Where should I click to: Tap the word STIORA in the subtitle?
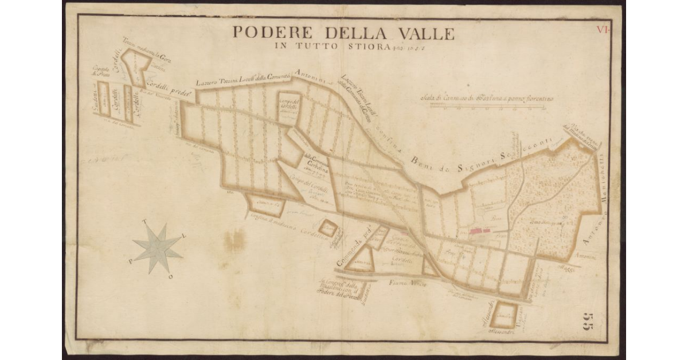(364, 46)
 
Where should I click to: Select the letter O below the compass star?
(170, 277)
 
